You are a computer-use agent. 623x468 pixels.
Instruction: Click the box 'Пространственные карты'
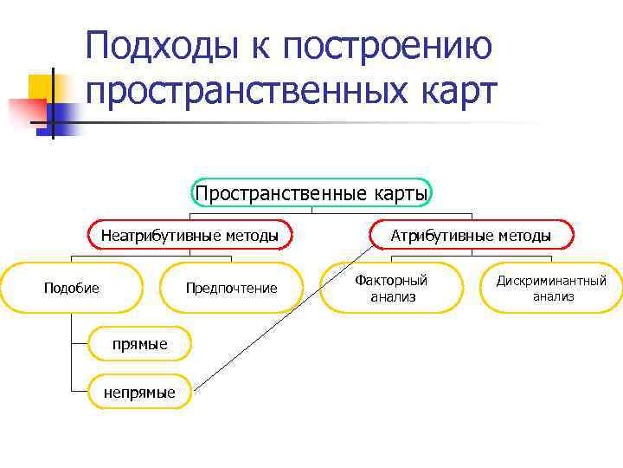click(x=311, y=192)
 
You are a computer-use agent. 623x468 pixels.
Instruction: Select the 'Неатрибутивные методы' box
click(x=190, y=235)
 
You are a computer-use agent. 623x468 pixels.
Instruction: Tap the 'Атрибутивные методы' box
click(x=471, y=235)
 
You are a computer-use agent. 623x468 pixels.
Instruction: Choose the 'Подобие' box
click(x=72, y=288)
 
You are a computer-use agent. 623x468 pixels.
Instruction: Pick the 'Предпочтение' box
click(x=232, y=288)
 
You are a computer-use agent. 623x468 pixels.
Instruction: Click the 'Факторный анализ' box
click(x=392, y=288)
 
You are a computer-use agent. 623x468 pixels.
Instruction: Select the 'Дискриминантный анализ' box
click(x=551, y=288)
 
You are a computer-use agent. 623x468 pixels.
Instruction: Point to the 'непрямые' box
click(x=139, y=393)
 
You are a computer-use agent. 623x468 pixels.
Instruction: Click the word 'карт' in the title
click(x=458, y=90)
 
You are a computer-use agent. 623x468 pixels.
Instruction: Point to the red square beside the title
click(x=26, y=111)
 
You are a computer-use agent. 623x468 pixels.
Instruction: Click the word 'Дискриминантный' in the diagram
click(x=551, y=281)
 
